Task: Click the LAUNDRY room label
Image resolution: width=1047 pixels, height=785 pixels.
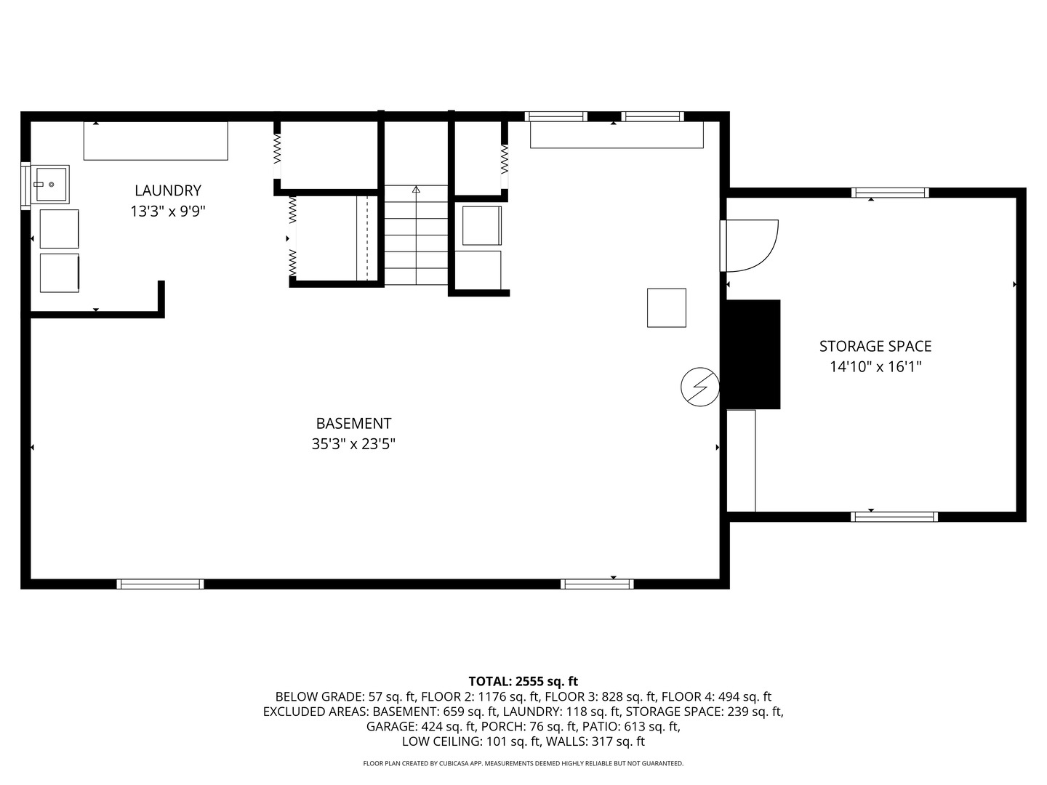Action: tap(168, 190)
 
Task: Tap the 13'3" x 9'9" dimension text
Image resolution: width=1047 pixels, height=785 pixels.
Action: tap(168, 212)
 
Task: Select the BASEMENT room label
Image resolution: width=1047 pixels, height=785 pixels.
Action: tap(353, 423)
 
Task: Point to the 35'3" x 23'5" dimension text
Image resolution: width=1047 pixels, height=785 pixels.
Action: tap(353, 443)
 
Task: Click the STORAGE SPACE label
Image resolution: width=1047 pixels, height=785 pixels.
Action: tap(875, 347)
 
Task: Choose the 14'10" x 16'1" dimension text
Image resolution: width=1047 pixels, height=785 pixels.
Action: tap(875, 367)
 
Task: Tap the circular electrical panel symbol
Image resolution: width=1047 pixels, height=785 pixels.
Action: tap(699, 387)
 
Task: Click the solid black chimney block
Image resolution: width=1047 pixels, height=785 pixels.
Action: tap(753, 354)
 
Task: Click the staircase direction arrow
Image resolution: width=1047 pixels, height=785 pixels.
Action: tap(416, 190)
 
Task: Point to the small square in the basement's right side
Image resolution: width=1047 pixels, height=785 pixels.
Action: tap(667, 307)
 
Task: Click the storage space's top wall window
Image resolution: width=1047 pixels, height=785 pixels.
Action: tap(890, 193)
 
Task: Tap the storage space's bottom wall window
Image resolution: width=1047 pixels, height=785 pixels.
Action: tap(894, 517)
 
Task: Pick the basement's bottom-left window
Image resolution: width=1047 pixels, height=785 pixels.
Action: tap(160, 584)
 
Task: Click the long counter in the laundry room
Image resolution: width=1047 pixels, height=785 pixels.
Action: tap(156, 141)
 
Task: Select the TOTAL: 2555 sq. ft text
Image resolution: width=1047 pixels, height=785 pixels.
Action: tap(523, 681)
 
